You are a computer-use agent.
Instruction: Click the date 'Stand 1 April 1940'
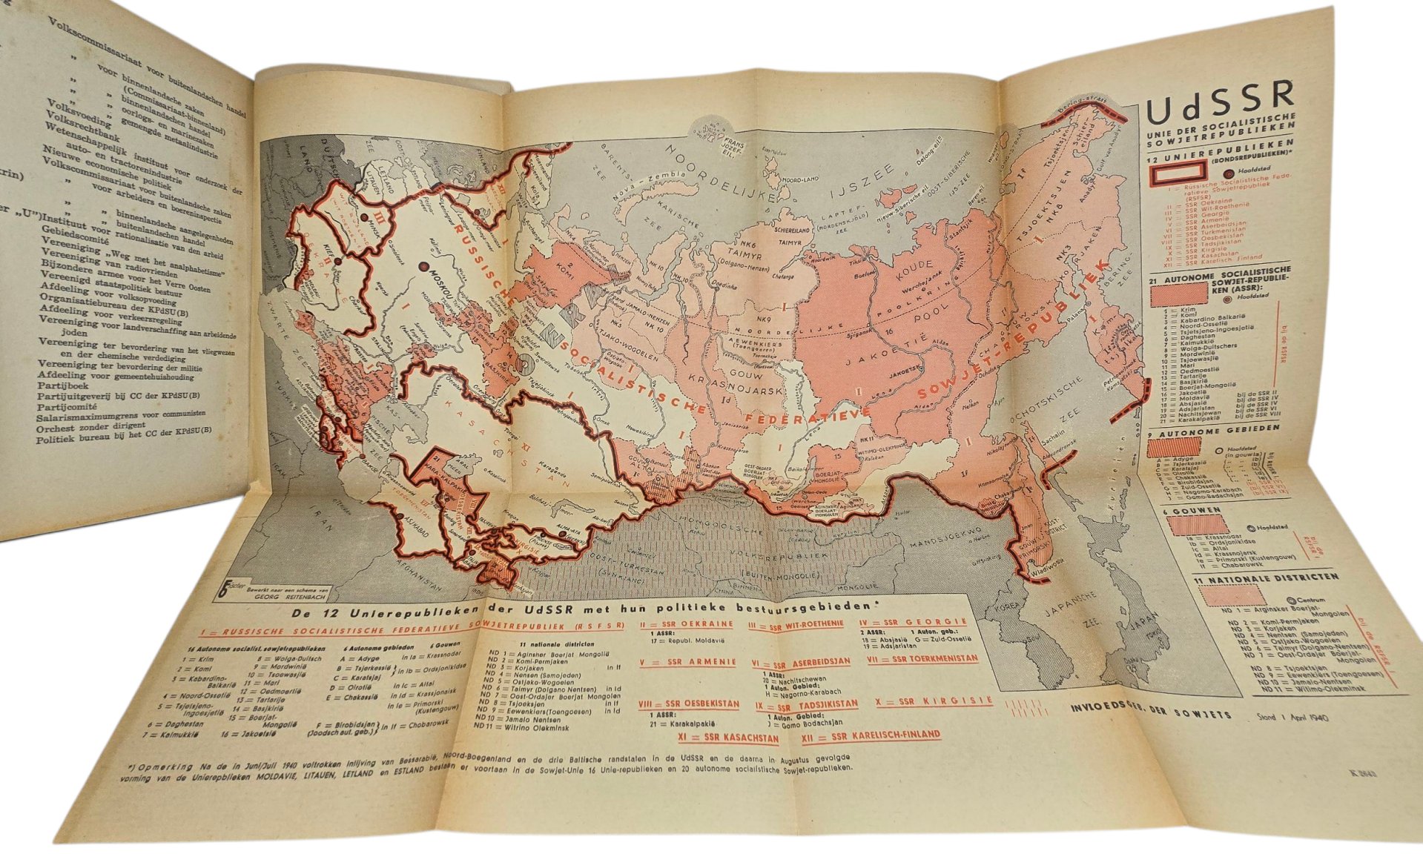[1292, 718]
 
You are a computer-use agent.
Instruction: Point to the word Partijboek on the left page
[63, 386]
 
